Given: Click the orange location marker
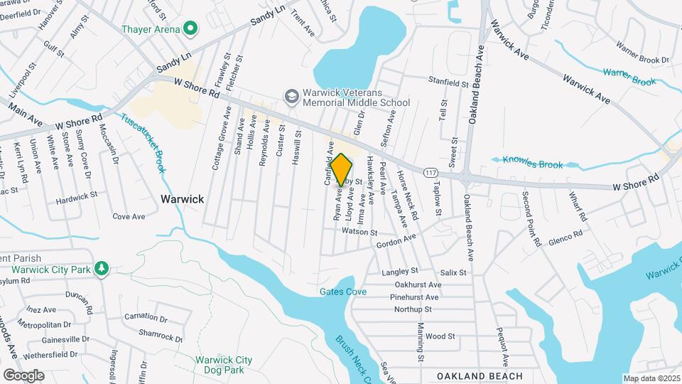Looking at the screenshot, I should pyautogui.click(x=341, y=169).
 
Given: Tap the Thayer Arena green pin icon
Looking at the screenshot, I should pyautogui.click(x=190, y=29).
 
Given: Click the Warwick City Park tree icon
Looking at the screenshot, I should pyautogui.click(x=102, y=268).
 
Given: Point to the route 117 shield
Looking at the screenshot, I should pyautogui.click(x=430, y=173).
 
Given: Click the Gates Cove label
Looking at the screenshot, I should pyautogui.click(x=342, y=292).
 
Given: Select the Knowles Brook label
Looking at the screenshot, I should pyautogui.click(x=531, y=161).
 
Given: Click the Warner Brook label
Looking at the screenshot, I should pyautogui.click(x=629, y=77).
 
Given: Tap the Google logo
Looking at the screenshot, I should pyautogui.click(x=23, y=375).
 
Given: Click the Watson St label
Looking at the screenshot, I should pyautogui.click(x=359, y=232).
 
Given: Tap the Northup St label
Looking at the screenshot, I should pyautogui.click(x=413, y=309).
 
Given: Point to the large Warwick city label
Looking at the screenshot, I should pyautogui.click(x=182, y=199).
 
